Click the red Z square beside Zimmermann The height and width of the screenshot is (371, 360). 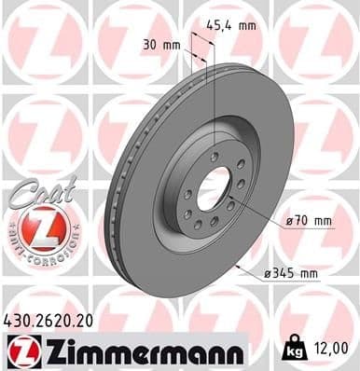pos(21,350)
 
